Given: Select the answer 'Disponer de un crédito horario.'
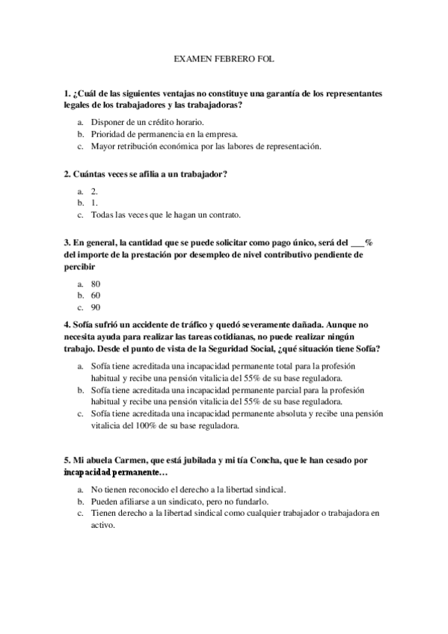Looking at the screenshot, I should [147, 121].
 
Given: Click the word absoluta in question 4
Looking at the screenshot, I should [310, 414].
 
